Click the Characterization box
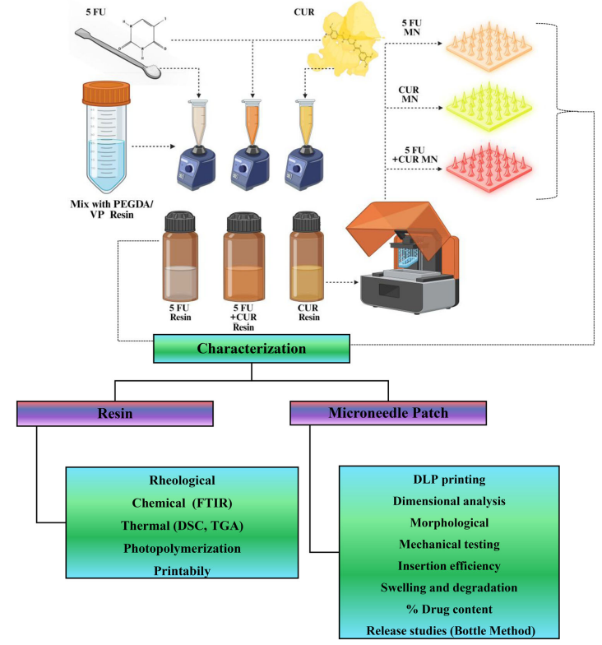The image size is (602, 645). tap(252, 349)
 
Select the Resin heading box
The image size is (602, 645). tap(115, 413)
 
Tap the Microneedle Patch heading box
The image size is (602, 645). tap(388, 413)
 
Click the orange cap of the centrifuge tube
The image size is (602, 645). tap(107, 92)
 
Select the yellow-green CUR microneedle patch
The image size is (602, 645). tap(489, 107)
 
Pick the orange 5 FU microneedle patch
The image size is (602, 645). tap(489, 46)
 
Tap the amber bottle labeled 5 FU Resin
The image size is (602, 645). tap(180, 256)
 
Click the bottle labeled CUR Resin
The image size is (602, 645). tap(306, 256)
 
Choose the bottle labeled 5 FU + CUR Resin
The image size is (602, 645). tap(243, 257)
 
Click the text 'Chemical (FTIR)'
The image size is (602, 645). tap(183, 503)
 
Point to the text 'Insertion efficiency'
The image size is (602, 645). tap(449, 566)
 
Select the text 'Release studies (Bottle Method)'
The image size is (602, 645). tap(451, 630)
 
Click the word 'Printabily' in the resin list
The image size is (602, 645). tap(183, 571)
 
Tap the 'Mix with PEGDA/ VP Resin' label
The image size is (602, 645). tap(112, 209)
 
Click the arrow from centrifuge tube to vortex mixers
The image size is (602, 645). tap(153, 146)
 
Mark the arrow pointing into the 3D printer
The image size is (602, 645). tap(342, 282)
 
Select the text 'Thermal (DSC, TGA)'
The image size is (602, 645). tap(183, 526)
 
